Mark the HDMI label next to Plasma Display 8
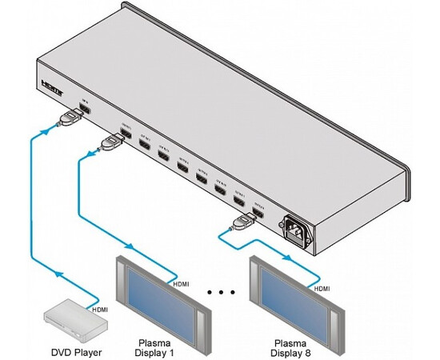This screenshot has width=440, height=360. tap(322, 287)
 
